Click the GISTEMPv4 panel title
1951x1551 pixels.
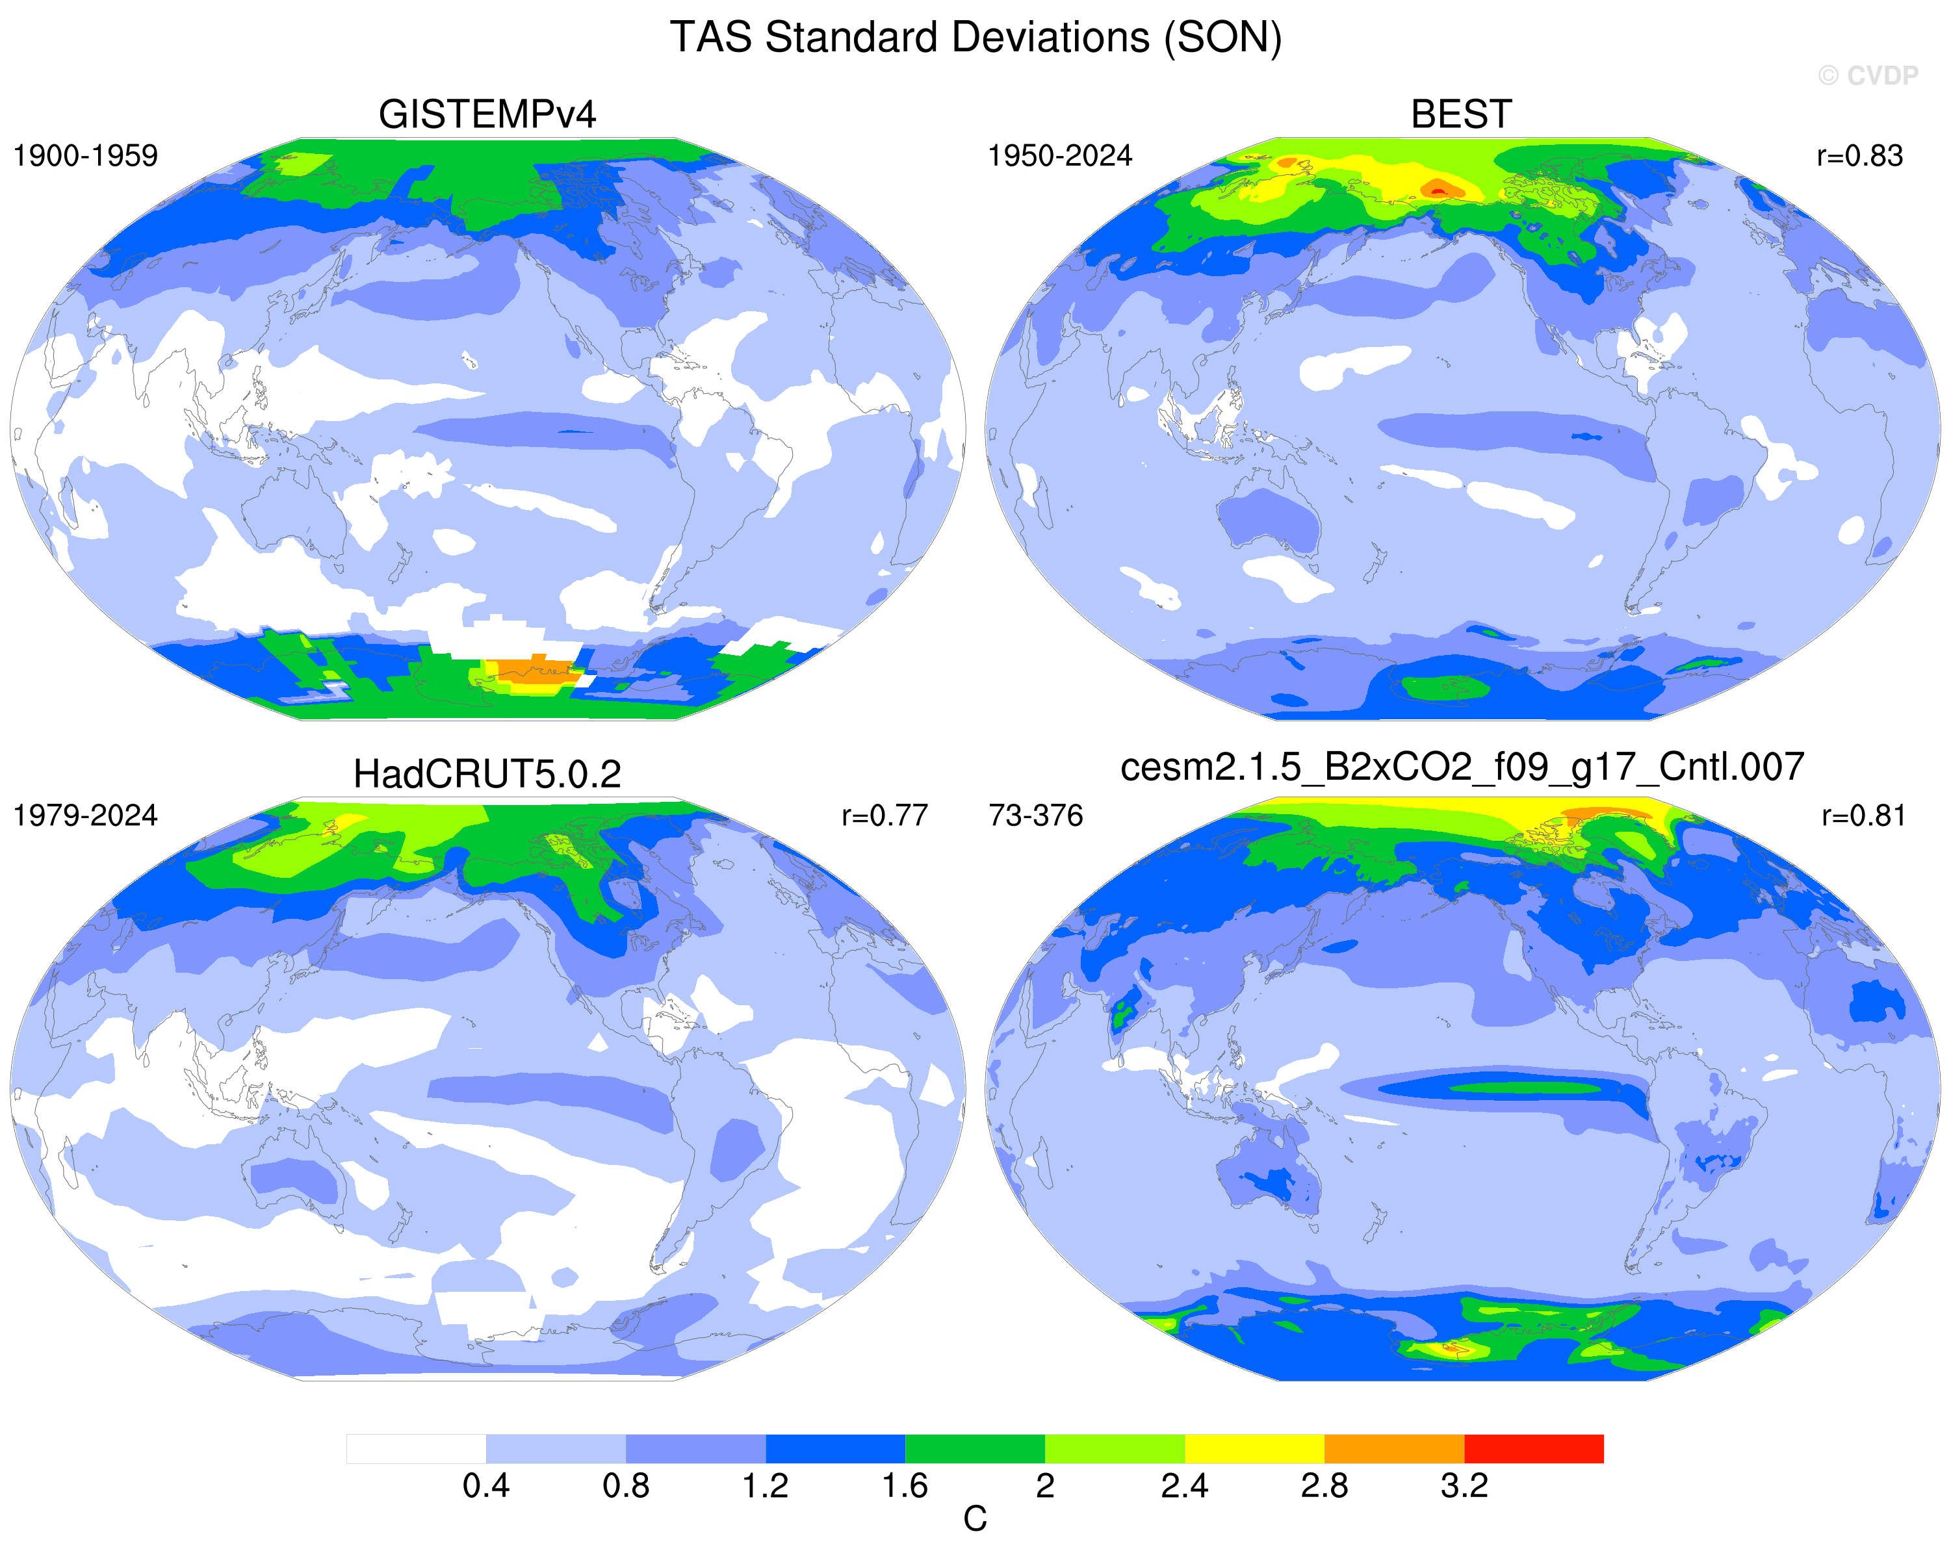click(487, 115)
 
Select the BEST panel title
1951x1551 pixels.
click(1462, 115)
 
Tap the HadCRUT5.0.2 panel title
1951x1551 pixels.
click(487, 775)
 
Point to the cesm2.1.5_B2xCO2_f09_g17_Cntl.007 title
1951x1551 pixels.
click(1462, 767)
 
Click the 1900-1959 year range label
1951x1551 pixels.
click(85, 156)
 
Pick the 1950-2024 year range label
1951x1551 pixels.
click(1059, 156)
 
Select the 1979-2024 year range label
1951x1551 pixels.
click(85, 815)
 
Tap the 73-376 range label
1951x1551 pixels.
click(1036, 815)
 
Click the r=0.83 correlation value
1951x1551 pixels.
click(1859, 156)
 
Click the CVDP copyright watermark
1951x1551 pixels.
click(1868, 76)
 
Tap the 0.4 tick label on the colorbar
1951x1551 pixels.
click(486, 1486)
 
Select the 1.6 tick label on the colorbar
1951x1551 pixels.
click(905, 1486)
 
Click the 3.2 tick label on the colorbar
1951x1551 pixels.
click(1464, 1486)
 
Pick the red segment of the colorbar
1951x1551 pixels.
click(1534, 1449)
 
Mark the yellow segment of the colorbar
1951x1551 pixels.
click(1254, 1449)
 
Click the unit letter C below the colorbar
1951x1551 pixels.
click(975, 1519)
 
